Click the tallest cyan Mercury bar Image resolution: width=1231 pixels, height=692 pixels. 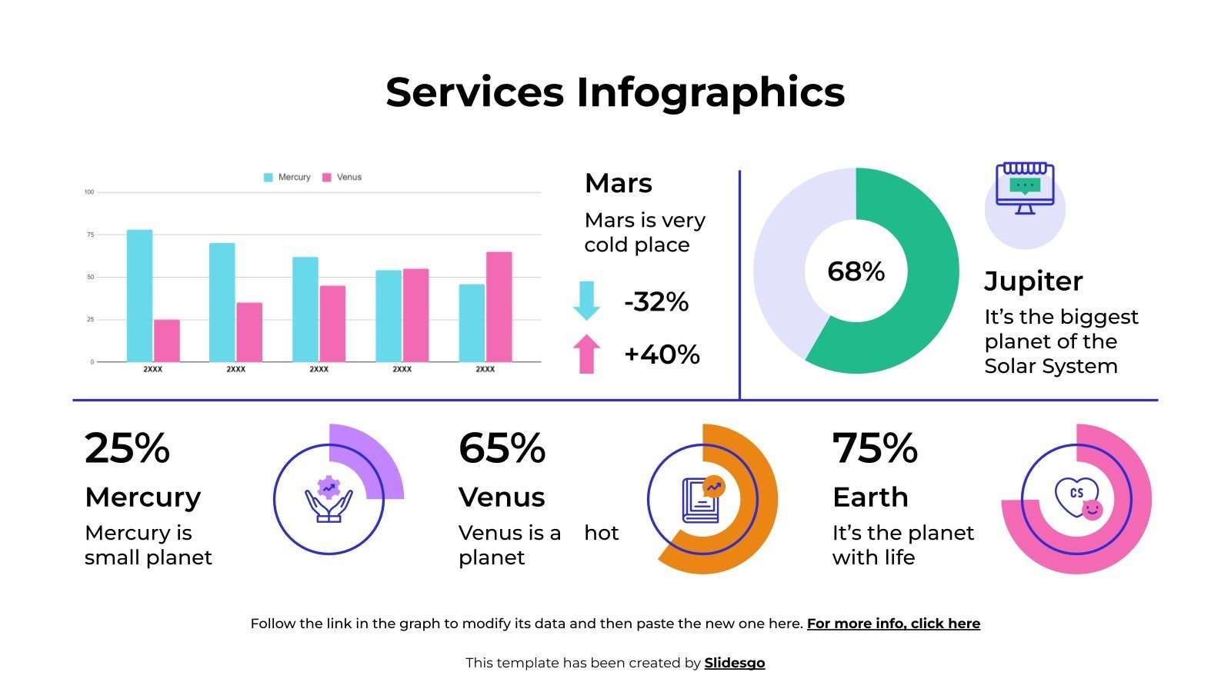click(x=139, y=296)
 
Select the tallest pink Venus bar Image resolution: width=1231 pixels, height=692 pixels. click(x=499, y=307)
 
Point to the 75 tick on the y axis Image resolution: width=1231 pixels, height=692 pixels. click(x=89, y=235)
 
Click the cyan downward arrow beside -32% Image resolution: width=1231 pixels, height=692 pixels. click(x=586, y=301)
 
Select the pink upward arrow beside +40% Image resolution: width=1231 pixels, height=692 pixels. click(x=586, y=354)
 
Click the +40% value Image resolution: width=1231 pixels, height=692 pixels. click(x=662, y=354)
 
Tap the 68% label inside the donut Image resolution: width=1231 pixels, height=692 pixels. click(x=856, y=271)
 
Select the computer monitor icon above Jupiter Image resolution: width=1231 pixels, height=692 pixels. click(x=1025, y=188)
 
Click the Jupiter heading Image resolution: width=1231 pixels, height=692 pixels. click(x=1033, y=281)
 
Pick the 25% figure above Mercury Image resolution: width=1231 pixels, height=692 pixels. click(x=127, y=448)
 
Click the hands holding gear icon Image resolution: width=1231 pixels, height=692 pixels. click(x=329, y=499)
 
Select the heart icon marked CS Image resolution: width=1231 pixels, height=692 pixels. click(x=1076, y=496)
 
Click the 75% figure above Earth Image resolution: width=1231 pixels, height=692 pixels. click(x=875, y=448)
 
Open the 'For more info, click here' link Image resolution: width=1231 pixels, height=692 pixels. click(x=893, y=624)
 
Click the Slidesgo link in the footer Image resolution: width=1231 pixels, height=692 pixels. click(x=735, y=663)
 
